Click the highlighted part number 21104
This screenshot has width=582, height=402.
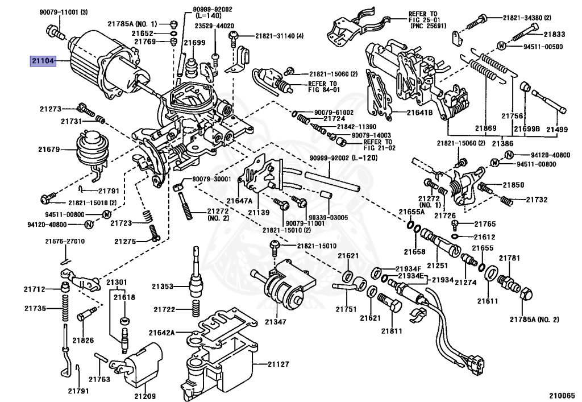(43, 61)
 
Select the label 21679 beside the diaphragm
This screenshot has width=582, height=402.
(49, 149)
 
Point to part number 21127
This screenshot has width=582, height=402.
(278, 364)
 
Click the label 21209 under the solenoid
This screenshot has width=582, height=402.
(145, 396)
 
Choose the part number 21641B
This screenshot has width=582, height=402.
(419, 111)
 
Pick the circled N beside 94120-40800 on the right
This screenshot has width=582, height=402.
(509, 155)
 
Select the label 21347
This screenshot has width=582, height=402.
(276, 322)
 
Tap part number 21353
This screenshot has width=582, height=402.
(163, 286)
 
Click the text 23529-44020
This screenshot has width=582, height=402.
(215, 26)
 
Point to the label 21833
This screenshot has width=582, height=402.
(555, 34)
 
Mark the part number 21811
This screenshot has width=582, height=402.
(392, 331)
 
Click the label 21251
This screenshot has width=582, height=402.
(437, 266)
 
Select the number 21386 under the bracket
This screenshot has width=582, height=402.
(502, 143)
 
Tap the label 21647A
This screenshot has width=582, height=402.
(239, 201)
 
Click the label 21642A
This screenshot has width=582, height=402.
(161, 333)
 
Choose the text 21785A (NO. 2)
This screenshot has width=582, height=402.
(534, 319)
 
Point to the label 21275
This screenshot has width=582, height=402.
(125, 241)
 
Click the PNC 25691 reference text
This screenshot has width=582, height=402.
(429, 26)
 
